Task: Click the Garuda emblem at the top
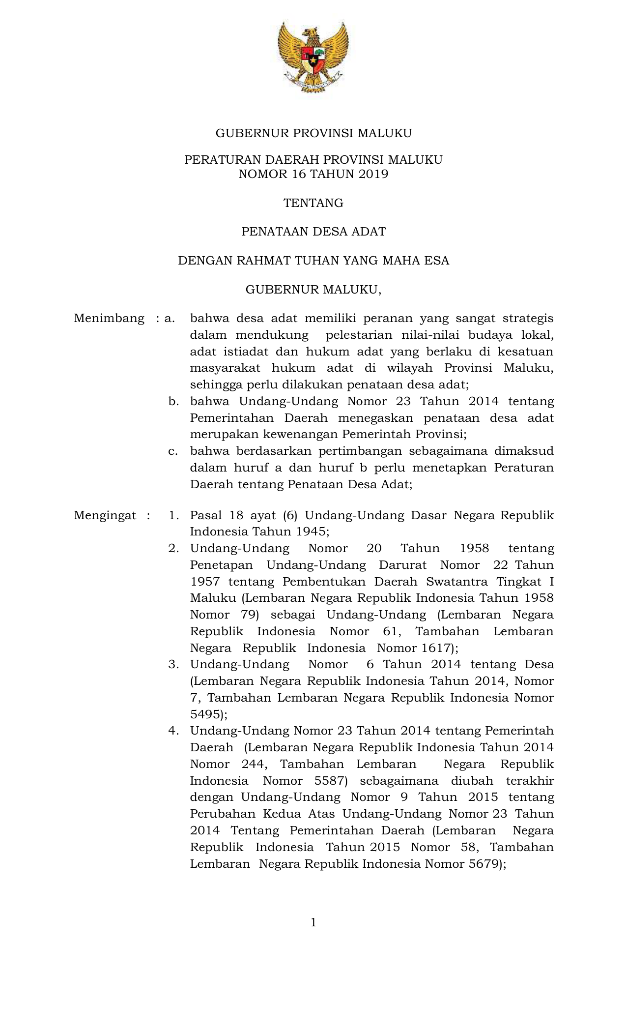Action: (313, 58)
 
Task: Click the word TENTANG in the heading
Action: (313, 203)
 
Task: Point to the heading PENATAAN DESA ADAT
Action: (313, 232)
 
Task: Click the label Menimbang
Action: (109, 319)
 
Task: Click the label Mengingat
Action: (105, 515)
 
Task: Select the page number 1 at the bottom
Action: (313, 922)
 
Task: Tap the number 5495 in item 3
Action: (205, 714)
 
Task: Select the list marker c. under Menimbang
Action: (172, 451)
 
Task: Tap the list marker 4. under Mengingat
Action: (173, 731)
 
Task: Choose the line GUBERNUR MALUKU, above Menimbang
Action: (313, 290)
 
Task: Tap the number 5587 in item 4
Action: (330, 781)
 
